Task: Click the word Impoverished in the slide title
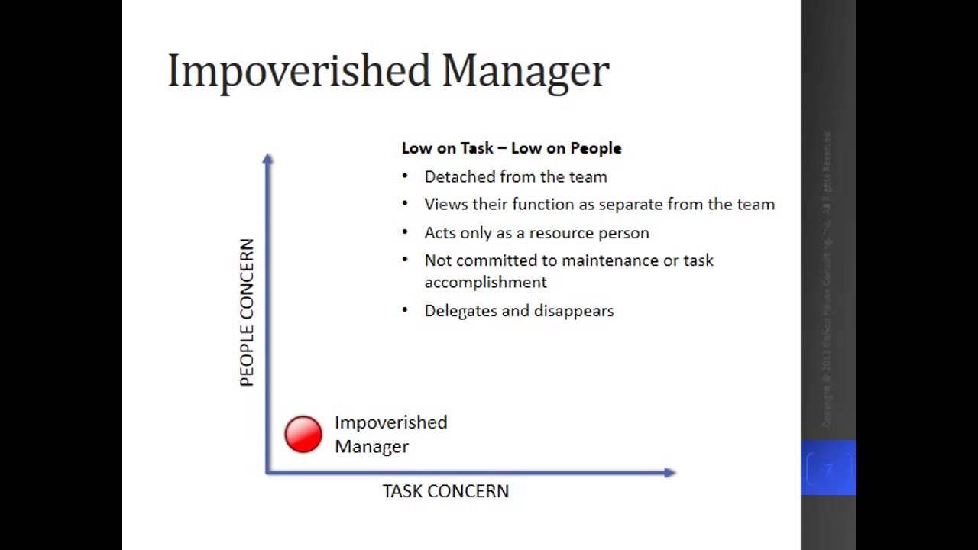pos(299,71)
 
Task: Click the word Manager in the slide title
pos(525,71)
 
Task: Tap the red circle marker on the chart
pos(303,435)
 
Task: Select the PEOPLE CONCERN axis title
pos(247,312)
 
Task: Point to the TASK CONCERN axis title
pos(445,491)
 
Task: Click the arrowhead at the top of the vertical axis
pos(267,159)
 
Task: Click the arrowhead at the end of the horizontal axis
pos(669,473)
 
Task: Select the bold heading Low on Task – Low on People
pos(511,148)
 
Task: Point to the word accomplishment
pos(485,283)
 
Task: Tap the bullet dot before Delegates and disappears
pos(405,310)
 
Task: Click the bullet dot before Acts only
pos(405,231)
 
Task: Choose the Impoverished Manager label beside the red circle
pos(390,434)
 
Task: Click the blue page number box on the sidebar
pos(827,467)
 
